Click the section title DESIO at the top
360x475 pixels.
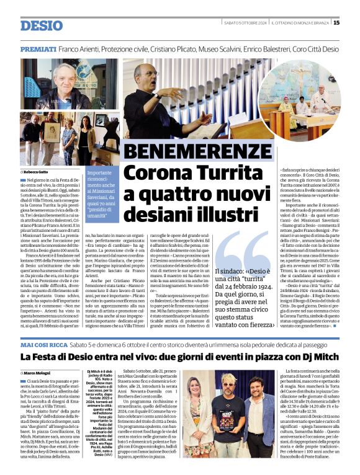click(42, 25)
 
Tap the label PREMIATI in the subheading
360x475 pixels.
click(38, 48)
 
